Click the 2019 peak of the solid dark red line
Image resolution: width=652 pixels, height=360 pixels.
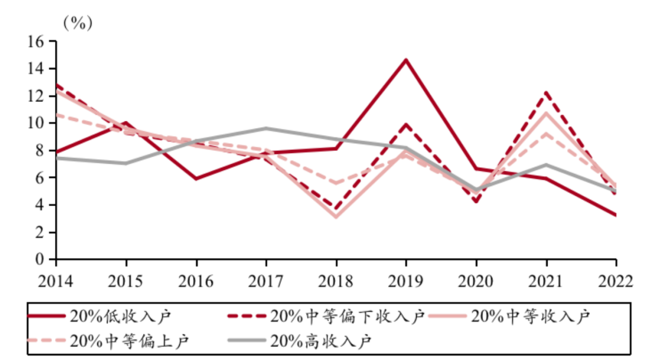pyautogui.click(x=406, y=60)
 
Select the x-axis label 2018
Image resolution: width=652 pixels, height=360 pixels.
pyautogui.click(x=336, y=281)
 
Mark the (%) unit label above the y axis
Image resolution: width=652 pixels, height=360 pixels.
pyautogui.click(x=78, y=24)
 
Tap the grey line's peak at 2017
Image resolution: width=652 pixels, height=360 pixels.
pyautogui.click(x=266, y=128)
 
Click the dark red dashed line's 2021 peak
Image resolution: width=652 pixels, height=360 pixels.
pyautogui.click(x=546, y=92)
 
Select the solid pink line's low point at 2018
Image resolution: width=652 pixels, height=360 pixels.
pyautogui.click(x=336, y=216)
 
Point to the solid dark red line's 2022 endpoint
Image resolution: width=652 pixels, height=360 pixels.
pyautogui.click(x=616, y=215)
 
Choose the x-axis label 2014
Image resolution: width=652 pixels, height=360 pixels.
pyautogui.click(x=56, y=281)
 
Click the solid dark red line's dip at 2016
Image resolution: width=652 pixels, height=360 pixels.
pyautogui.click(x=196, y=179)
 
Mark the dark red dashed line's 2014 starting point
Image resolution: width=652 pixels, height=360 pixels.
pyautogui.click(x=57, y=85)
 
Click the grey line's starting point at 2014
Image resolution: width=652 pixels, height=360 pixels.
pyautogui.click(x=57, y=158)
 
